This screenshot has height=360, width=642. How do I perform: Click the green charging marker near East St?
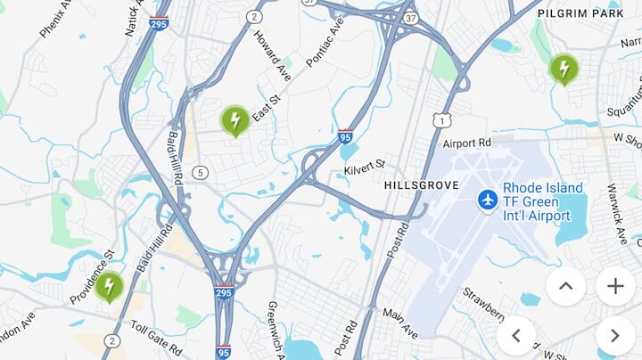click(235, 119)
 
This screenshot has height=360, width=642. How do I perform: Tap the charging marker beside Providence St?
click(109, 286)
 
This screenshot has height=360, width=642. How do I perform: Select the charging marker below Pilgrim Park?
click(564, 68)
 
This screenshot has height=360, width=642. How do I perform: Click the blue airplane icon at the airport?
click(487, 200)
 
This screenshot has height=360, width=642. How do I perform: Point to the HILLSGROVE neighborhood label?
click(421, 185)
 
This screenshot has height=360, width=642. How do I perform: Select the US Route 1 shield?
click(440, 119)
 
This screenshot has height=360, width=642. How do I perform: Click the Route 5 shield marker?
click(201, 172)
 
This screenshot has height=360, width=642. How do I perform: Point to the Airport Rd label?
click(466, 143)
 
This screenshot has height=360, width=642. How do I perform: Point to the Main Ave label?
click(399, 323)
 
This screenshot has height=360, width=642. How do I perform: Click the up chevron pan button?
click(565, 286)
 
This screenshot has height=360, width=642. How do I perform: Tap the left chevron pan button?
click(516, 336)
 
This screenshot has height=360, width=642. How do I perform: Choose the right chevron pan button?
click(615, 336)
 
